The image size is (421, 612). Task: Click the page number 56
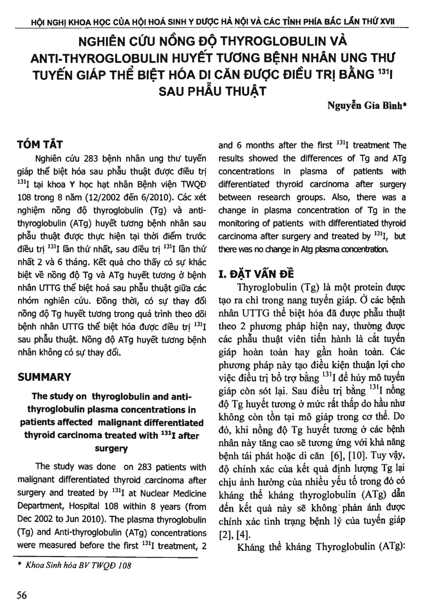[x=22, y=595]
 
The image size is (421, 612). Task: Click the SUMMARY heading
[x=44, y=377]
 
